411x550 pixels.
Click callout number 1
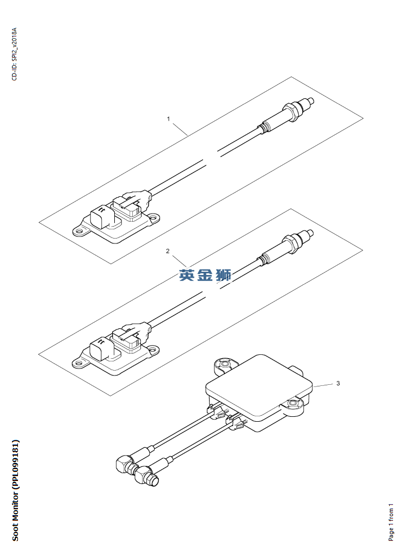click(168, 119)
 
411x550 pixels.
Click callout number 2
click(168, 251)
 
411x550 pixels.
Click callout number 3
click(338, 383)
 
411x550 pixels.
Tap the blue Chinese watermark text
click(205, 275)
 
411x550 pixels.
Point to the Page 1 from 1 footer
click(391, 522)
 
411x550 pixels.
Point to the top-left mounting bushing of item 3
click(223, 366)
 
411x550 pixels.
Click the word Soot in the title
click(15, 532)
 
